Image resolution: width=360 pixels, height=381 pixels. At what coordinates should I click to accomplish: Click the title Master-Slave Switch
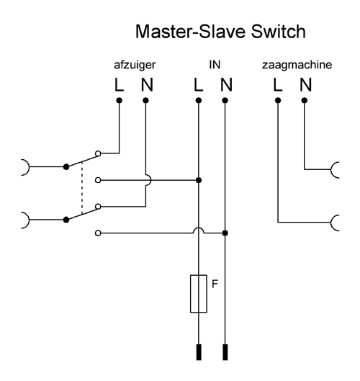click(220, 32)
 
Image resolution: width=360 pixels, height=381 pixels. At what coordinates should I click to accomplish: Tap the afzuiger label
click(135, 65)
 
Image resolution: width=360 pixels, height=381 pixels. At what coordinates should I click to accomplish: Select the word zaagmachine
click(297, 65)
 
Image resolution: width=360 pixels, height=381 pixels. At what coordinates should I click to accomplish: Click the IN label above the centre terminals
click(215, 65)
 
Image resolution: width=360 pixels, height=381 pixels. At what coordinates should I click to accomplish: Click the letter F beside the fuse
click(215, 284)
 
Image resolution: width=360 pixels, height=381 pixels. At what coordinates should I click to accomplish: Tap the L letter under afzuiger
click(119, 84)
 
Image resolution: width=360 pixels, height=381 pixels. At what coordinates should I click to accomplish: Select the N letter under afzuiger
click(147, 84)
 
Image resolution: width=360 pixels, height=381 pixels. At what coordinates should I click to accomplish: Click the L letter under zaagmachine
click(278, 84)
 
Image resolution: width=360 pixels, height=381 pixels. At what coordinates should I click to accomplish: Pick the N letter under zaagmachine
click(305, 84)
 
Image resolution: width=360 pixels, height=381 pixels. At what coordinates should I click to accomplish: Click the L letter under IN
click(198, 84)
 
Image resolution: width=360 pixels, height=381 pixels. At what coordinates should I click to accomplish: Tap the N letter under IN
click(226, 84)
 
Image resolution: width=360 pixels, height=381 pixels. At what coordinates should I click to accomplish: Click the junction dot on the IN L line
click(199, 180)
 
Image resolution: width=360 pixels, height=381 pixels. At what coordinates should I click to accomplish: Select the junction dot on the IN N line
click(225, 233)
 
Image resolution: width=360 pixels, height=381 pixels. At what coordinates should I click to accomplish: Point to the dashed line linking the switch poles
click(82, 187)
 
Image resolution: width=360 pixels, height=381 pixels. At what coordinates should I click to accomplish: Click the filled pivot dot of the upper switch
click(66, 166)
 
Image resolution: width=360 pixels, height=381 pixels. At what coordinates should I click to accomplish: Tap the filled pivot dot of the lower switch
click(66, 220)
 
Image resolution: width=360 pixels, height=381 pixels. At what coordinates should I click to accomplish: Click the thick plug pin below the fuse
click(199, 352)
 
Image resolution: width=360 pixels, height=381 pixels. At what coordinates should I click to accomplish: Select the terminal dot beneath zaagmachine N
click(305, 100)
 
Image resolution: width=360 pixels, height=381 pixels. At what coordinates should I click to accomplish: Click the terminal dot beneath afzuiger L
click(119, 100)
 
